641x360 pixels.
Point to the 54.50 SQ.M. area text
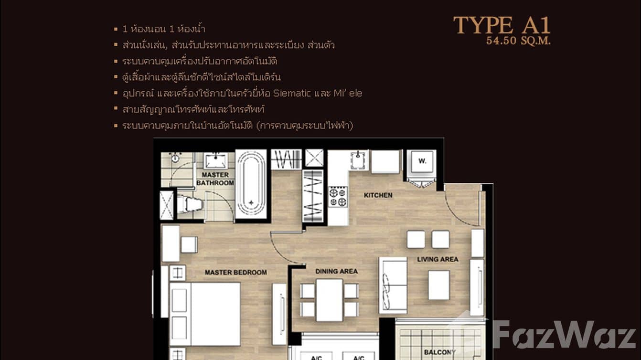(518, 41)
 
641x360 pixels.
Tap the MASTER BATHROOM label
(215, 179)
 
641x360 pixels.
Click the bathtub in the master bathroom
(251, 184)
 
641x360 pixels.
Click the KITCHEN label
(378, 195)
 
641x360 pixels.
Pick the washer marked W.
(422, 161)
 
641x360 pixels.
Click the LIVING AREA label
(438, 259)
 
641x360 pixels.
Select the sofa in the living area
(393, 285)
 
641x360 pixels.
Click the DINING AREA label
(336, 271)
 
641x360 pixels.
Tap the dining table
(329, 299)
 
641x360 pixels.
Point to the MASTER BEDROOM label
(235, 273)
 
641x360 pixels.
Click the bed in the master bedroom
(205, 313)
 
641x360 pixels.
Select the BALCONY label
(439, 352)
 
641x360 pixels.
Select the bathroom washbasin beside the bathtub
(216, 160)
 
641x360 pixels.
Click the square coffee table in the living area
(438, 285)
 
